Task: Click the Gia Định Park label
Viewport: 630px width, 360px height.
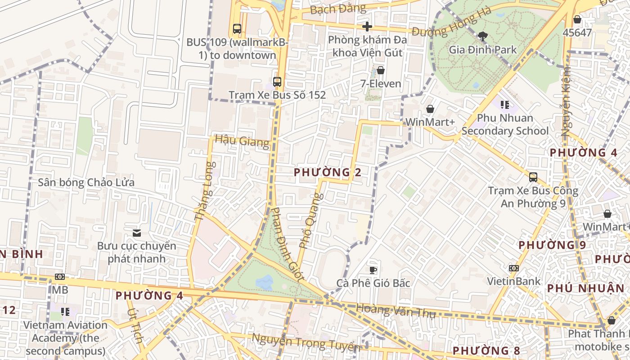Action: point(483,49)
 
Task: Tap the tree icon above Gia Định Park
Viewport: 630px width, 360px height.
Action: point(483,36)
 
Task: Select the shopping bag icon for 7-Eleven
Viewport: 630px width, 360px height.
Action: point(381,70)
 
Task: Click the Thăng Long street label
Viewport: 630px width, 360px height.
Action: point(205,191)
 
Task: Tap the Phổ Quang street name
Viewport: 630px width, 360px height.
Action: point(311,220)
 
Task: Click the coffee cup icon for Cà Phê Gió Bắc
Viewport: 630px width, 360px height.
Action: point(373,270)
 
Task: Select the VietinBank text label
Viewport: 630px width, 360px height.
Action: point(513,281)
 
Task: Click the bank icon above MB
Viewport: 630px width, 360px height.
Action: point(59,277)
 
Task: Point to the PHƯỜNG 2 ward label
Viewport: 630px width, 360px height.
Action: point(328,172)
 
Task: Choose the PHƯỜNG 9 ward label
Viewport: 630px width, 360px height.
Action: point(552,245)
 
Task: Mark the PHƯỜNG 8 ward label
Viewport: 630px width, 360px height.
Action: point(486,351)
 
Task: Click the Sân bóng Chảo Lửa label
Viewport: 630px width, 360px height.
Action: point(86,183)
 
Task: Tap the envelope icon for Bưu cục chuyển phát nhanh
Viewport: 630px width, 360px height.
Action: point(137,233)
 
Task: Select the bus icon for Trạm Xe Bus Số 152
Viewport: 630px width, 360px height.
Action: point(277,82)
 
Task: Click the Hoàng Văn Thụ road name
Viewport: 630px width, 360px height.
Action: point(396,311)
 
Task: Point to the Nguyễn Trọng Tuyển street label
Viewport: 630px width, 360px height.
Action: point(306,343)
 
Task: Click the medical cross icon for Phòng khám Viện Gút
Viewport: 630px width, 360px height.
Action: point(367,27)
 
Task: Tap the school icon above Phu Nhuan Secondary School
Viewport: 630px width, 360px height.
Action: point(505,105)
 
